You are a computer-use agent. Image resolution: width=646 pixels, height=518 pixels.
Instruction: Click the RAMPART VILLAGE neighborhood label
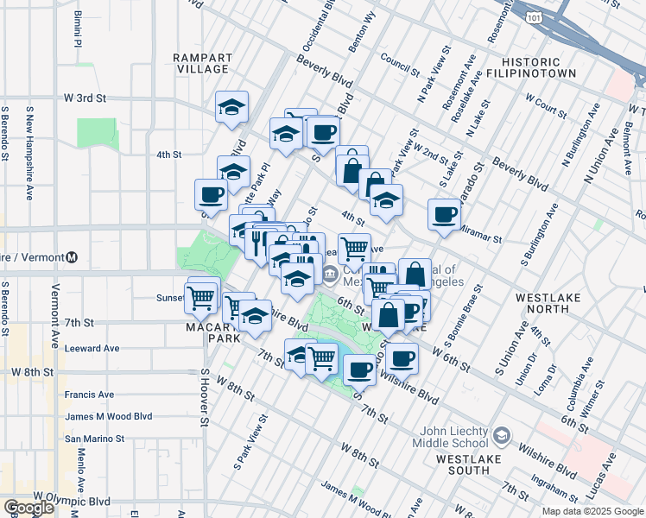click(x=201, y=63)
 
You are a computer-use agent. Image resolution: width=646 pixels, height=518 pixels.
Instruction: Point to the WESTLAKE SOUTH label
click(x=469, y=458)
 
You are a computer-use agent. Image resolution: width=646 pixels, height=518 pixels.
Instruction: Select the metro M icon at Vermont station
click(x=73, y=257)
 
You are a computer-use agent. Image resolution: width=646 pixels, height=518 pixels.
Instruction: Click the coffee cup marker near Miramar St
click(x=444, y=215)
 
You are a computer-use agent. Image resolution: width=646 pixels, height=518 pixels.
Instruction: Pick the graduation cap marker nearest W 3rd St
click(x=231, y=107)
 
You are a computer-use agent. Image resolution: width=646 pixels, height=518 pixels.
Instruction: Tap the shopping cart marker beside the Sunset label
click(x=201, y=299)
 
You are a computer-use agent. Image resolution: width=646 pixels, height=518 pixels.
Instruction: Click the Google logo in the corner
click(x=28, y=509)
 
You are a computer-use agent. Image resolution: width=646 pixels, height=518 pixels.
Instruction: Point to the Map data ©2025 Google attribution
click(x=592, y=511)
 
